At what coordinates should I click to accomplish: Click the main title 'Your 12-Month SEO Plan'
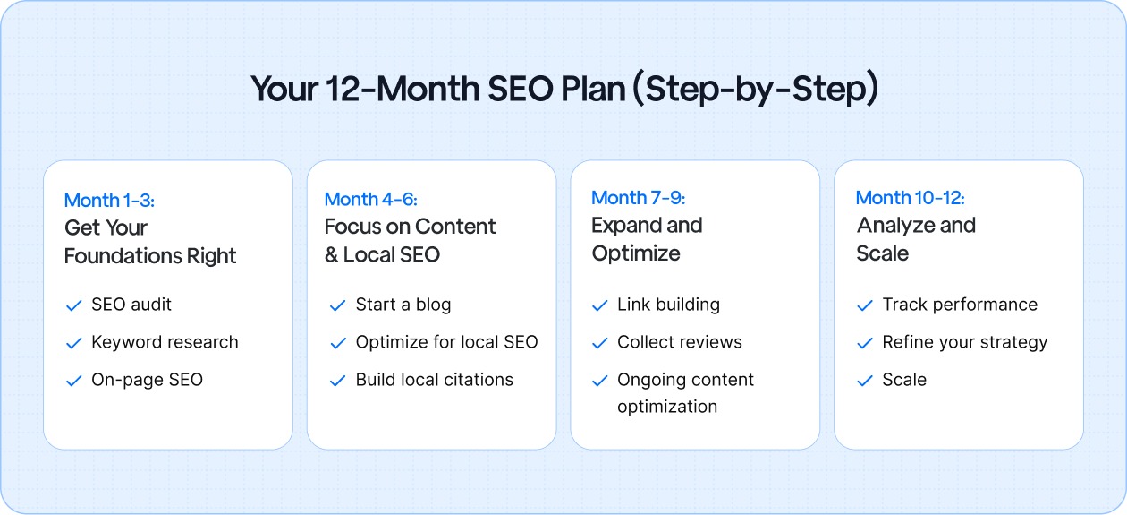pyautogui.click(x=563, y=90)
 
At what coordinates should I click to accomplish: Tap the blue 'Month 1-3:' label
pyautogui.click(x=109, y=201)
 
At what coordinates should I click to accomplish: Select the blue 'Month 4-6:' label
pyautogui.click(x=370, y=199)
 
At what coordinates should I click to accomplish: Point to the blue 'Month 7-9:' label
pyautogui.click(x=638, y=198)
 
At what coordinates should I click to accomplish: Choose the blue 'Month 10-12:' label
pyautogui.click(x=910, y=198)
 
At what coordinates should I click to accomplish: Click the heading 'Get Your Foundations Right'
pyautogui.click(x=150, y=242)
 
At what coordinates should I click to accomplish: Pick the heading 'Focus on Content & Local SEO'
pyautogui.click(x=410, y=240)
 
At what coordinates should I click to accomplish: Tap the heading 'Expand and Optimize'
pyautogui.click(x=647, y=239)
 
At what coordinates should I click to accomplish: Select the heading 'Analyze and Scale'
pyautogui.click(x=916, y=239)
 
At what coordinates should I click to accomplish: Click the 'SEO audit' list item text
pyautogui.click(x=131, y=305)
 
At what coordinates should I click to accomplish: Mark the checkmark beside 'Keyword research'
pyautogui.click(x=74, y=343)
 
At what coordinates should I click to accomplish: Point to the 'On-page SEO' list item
pyautogui.click(x=147, y=380)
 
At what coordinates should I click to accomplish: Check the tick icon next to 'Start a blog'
pyautogui.click(x=337, y=305)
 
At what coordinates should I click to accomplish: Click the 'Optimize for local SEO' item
pyautogui.click(x=446, y=342)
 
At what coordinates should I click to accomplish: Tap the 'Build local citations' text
pyautogui.click(x=434, y=380)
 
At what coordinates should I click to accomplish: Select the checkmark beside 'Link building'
pyautogui.click(x=600, y=305)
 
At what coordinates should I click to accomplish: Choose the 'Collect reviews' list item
pyautogui.click(x=679, y=342)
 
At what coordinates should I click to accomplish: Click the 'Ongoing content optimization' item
pyautogui.click(x=685, y=392)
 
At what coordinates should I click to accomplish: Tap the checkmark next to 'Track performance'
pyautogui.click(x=865, y=305)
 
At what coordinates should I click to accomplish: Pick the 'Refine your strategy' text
pyautogui.click(x=964, y=342)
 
